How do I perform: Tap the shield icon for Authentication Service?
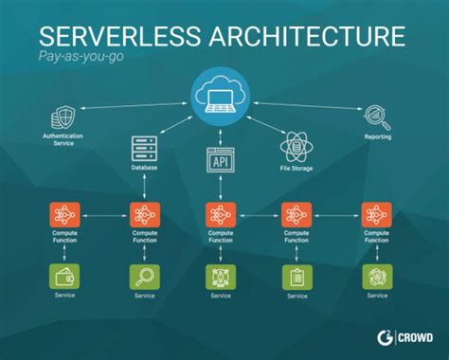[63, 120]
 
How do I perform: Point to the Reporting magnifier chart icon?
[377, 116]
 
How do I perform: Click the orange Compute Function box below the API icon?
[220, 214]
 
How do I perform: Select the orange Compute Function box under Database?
[144, 214]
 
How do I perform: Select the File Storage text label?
[296, 169]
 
